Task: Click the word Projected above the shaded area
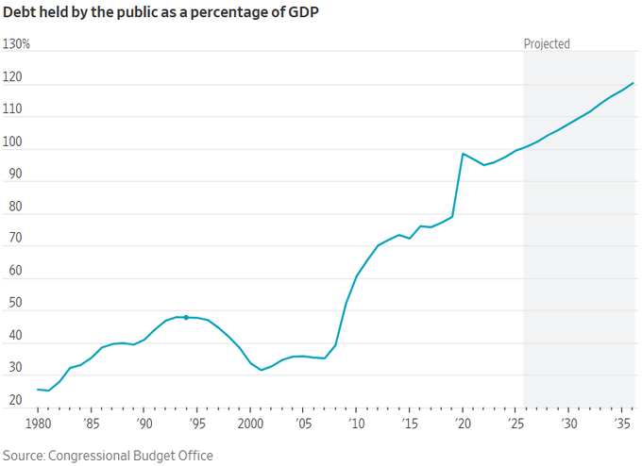[x=547, y=43]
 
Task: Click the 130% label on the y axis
[x=16, y=44]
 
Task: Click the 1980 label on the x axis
[x=38, y=423]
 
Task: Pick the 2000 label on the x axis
[x=250, y=423]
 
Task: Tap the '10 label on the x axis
[x=357, y=423]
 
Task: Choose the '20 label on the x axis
[x=463, y=423]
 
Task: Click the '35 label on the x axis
[x=622, y=423]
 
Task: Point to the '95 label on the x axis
[x=197, y=423]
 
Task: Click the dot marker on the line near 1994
[x=186, y=317]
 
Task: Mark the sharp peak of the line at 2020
[x=463, y=153]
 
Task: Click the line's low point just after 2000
[x=262, y=370]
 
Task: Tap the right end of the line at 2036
[x=633, y=83]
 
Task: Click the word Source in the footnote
[x=24, y=456]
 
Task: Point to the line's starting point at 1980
[x=38, y=389]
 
